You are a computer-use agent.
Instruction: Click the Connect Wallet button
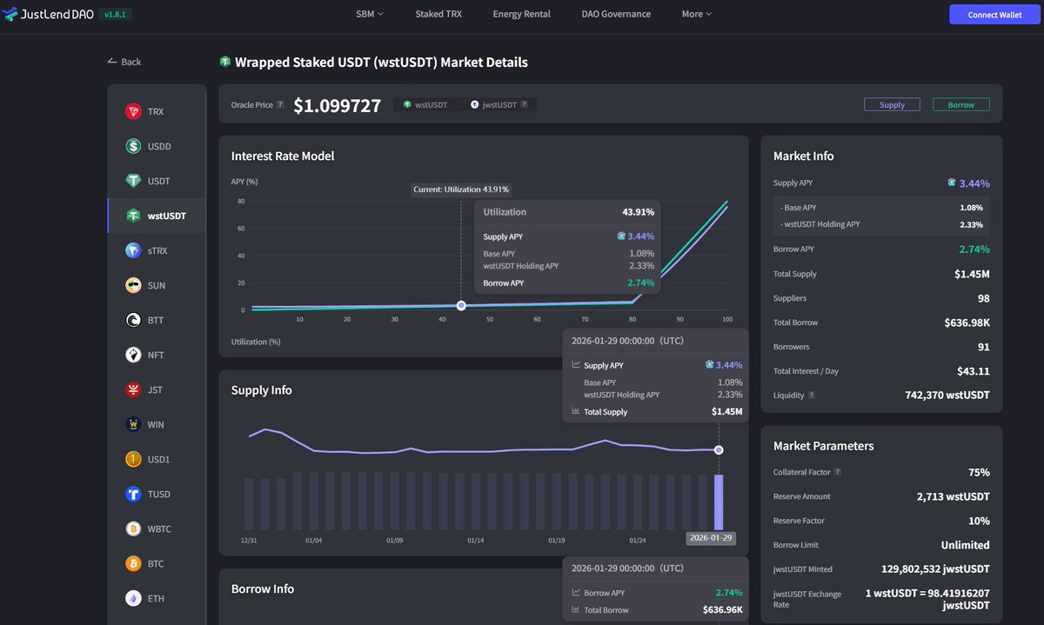tap(994, 14)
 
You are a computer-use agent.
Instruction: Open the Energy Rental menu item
tap(521, 14)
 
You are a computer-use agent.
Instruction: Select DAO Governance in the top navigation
tap(616, 14)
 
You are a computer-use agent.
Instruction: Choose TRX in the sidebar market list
tap(155, 111)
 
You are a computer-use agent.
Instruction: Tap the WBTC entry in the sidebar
tap(159, 529)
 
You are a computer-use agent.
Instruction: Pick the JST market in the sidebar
tap(155, 389)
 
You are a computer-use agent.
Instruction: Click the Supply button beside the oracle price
tap(892, 104)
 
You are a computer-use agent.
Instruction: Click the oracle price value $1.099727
tap(337, 105)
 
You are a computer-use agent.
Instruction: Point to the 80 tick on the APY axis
tap(241, 202)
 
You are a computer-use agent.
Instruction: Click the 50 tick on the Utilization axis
tap(490, 319)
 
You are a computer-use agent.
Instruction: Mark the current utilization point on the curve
tap(461, 305)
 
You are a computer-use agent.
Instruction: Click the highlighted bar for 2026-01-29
tap(719, 502)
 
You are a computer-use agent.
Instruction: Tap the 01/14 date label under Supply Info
tap(475, 540)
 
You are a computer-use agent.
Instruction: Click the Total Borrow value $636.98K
tap(966, 322)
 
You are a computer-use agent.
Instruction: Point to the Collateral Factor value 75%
tap(979, 472)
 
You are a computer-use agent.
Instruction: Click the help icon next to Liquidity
tap(812, 396)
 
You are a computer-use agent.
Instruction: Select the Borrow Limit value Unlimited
tap(965, 545)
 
